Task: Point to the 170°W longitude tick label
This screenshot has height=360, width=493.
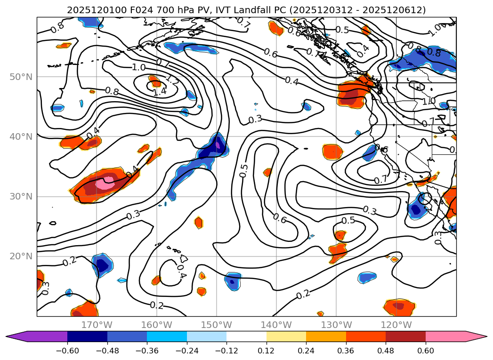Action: tap(97, 325)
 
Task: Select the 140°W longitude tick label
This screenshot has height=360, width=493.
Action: tap(276, 325)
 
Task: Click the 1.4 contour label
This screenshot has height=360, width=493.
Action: tap(160, 92)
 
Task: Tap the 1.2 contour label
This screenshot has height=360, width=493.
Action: tap(172, 80)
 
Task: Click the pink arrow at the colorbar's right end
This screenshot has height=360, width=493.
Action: tap(479, 336)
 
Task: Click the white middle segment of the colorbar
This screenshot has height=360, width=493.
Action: tap(246, 336)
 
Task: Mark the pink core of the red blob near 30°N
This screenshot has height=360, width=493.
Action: tap(104, 183)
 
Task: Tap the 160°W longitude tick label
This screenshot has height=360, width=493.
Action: tap(156, 325)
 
